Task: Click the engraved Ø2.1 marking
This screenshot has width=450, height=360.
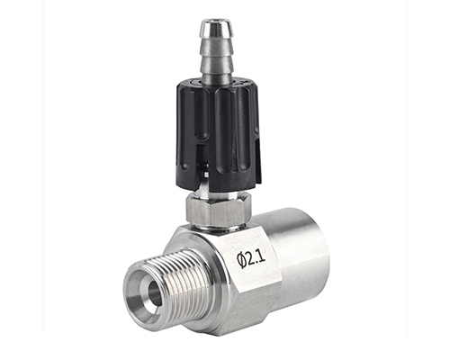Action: [x=251, y=258]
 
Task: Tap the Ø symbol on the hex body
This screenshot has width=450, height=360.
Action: [x=240, y=260]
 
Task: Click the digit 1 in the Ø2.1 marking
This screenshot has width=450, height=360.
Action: [x=263, y=256]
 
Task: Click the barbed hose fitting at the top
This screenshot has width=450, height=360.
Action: [x=214, y=53]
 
